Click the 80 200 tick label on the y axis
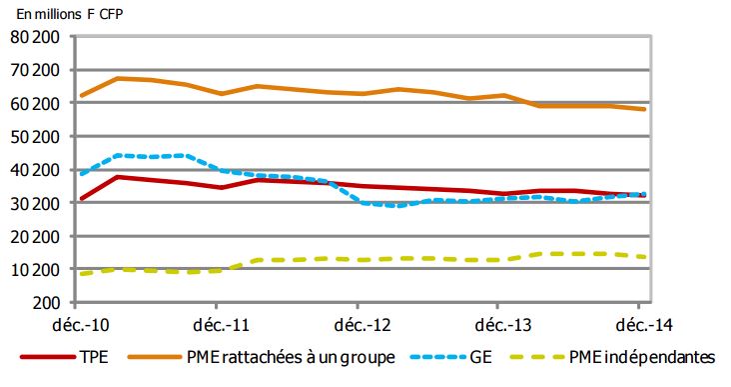(x=37, y=37)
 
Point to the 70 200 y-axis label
(x=37, y=70)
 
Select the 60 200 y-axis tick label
(x=37, y=103)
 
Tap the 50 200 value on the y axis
(x=37, y=136)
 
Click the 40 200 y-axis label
(x=37, y=170)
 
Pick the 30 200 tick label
(x=37, y=203)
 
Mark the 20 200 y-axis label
(x=37, y=236)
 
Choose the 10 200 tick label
(x=37, y=269)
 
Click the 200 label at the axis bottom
(x=49, y=302)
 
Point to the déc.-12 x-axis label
(x=358, y=325)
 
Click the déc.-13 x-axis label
(x=498, y=325)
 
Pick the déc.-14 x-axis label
(x=639, y=325)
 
